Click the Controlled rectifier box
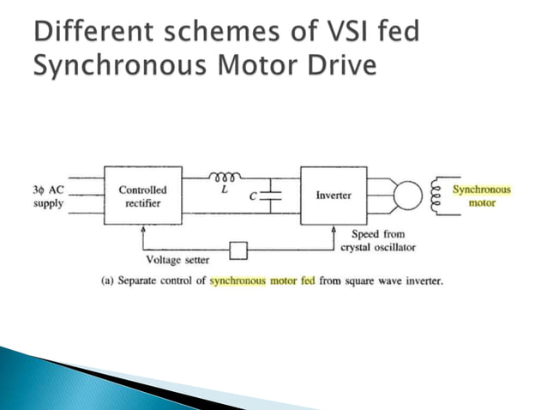[143, 196]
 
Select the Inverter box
[334, 196]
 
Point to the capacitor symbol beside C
[270, 196]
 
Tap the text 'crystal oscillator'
[377, 247]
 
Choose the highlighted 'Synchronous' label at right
[482, 190]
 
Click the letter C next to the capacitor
[253, 196]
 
